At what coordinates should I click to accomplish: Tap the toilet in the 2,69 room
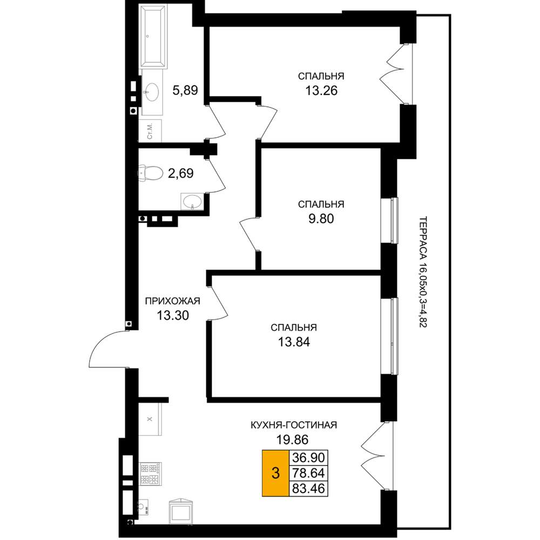coord(151,173)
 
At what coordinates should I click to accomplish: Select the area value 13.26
coord(321,91)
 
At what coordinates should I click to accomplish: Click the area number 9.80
coord(321,219)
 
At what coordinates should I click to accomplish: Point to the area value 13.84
coord(294,342)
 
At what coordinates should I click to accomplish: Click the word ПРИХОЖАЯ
coord(173,301)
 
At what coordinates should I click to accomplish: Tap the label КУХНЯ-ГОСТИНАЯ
coord(294,425)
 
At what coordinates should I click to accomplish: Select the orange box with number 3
coord(275,473)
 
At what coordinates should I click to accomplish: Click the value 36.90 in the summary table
coord(308,458)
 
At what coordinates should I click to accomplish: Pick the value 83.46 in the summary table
coord(308,488)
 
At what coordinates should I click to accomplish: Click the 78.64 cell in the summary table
coord(308,473)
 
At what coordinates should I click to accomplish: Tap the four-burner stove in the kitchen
coord(150,474)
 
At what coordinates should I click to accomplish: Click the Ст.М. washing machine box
coord(150,131)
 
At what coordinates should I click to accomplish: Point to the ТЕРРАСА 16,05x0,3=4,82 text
coord(423,272)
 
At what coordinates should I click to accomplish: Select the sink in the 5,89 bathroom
coord(152,92)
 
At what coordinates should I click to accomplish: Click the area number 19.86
coord(292,440)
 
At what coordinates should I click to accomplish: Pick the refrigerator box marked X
coord(150,419)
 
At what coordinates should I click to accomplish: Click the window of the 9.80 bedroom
coord(389,220)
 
